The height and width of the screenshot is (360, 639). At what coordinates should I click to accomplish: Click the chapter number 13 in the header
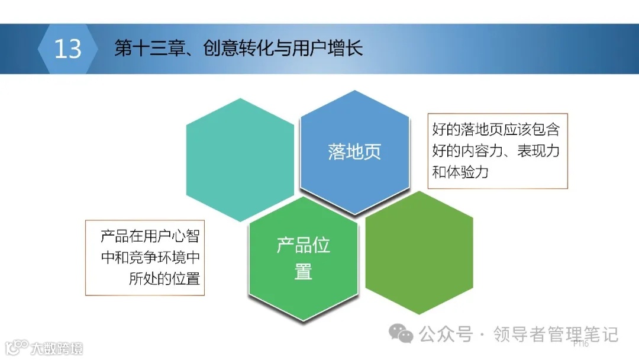pos(67,49)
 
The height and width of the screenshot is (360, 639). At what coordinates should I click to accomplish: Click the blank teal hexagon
pos(240,160)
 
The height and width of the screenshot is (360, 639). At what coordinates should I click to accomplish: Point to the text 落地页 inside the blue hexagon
pos(354,152)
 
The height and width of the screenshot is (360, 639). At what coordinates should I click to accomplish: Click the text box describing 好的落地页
pos(497,151)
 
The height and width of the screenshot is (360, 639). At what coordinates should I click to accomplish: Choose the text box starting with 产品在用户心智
pos(146,258)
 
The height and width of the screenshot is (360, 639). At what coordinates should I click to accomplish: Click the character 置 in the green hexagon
pos(303,272)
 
